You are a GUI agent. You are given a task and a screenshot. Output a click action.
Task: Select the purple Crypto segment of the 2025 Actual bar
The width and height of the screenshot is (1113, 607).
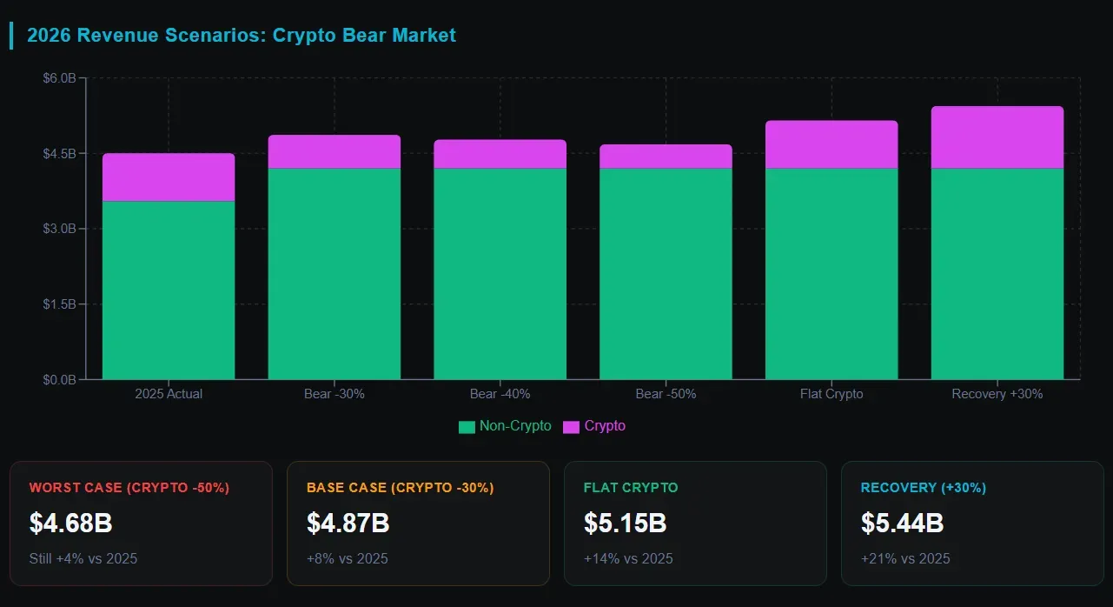pos(169,177)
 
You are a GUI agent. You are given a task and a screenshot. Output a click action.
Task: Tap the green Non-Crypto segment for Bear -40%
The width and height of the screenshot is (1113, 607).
pos(500,273)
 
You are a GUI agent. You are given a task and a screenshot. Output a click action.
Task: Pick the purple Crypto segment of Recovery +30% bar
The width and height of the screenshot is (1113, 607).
pos(997,137)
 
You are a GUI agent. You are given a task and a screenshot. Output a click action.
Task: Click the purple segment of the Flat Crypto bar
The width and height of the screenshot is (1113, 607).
pos(831,144)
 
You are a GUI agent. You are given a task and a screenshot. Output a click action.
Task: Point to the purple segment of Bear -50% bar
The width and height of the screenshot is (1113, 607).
pos(666,157)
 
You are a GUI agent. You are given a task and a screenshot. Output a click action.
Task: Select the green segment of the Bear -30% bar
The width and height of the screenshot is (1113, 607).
pos(335,273)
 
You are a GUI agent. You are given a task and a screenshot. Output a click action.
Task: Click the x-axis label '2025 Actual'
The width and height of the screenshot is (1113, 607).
pos(169,394)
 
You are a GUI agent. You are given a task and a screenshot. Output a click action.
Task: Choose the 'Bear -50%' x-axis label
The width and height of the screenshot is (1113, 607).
pos(666,394)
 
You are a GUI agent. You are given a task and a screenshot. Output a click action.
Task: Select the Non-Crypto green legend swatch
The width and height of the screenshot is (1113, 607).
pos(467,427)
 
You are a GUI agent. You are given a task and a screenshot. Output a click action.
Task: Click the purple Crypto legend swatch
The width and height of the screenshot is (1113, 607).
pos(571,427)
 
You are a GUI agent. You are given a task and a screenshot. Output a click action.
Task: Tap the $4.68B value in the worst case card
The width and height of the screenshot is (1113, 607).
pos(70,524)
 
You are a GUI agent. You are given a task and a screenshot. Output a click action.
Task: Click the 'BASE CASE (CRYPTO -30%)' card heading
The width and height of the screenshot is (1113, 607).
pos(400,488)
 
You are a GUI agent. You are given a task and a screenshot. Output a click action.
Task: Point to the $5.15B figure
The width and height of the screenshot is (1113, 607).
pos(625,524)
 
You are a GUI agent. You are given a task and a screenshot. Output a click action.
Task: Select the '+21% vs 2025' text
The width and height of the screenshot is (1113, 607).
pos(905,558)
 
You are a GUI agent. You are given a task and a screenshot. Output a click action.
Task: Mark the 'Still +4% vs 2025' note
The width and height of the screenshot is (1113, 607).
pos(83,558)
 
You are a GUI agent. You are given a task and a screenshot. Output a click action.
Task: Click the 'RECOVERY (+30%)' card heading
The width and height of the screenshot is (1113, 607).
pos(923,488)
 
